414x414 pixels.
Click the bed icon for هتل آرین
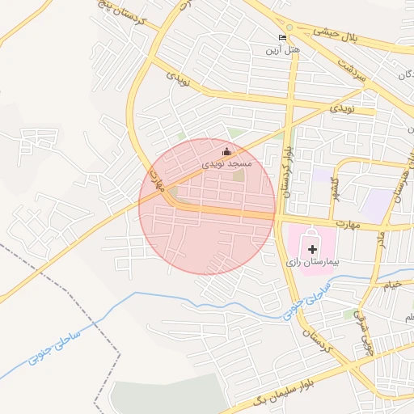282,37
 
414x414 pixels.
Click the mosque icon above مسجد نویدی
226,151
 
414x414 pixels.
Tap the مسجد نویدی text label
227,163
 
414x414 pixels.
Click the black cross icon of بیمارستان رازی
313,250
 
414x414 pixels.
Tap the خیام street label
391,285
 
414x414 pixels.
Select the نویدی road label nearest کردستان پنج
177,78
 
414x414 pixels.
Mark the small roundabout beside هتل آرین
289,27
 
